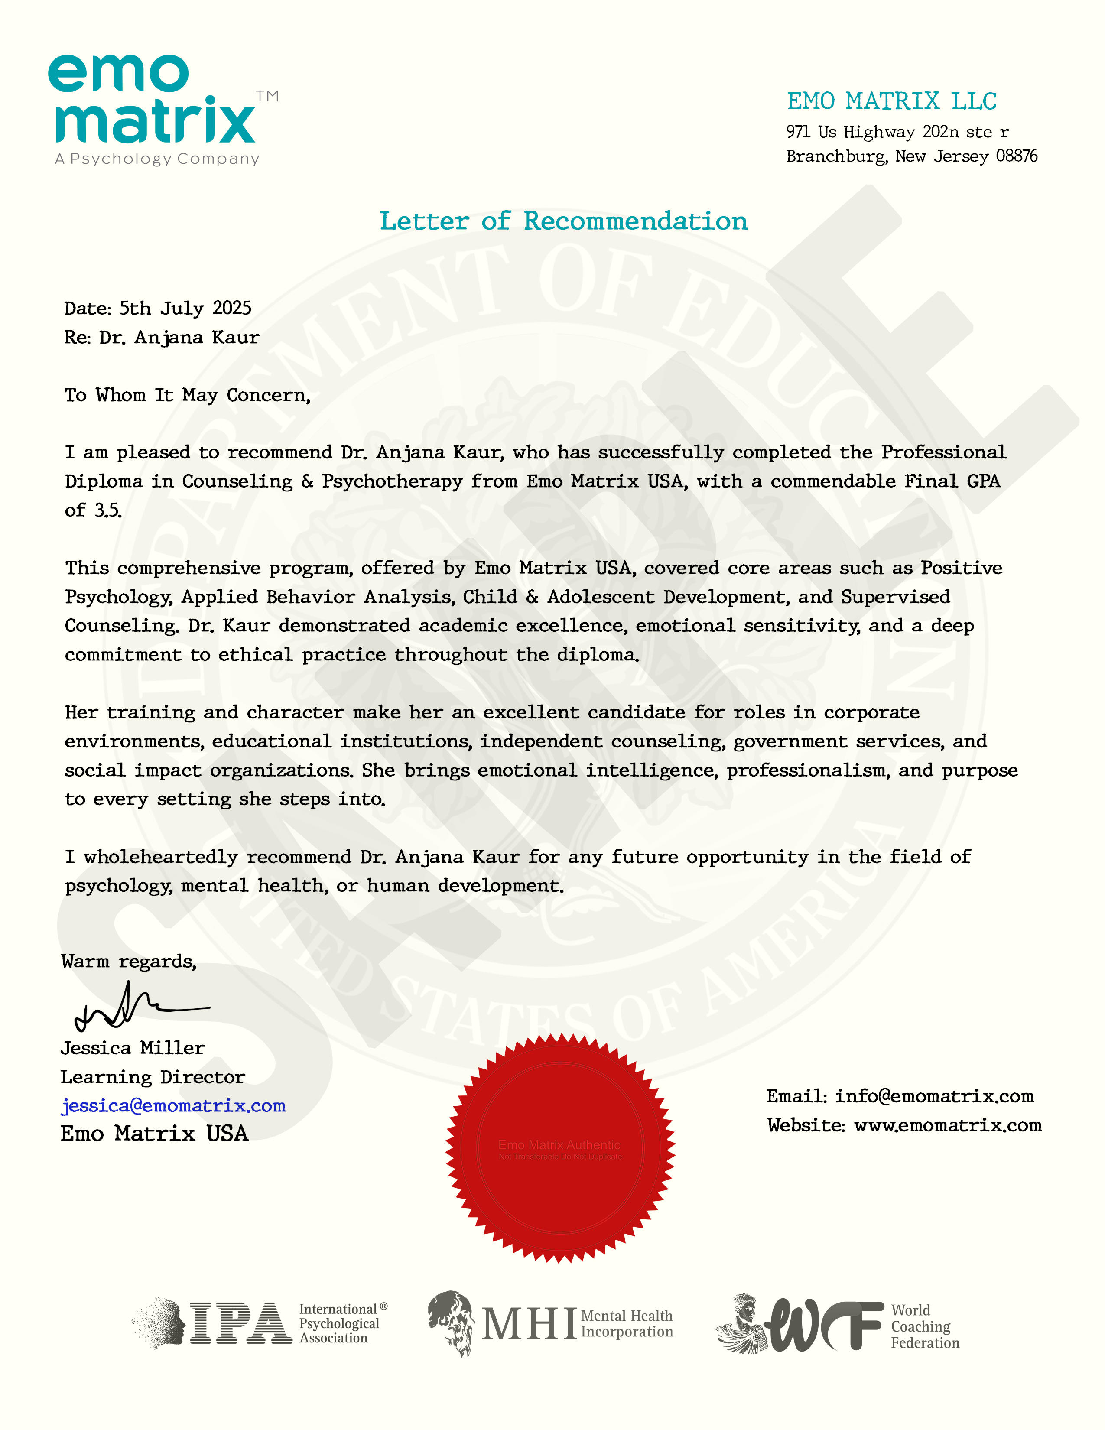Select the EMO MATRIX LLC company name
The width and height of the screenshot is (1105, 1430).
click(x=892, y=101)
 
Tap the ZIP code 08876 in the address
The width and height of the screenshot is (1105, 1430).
click(x=1017, y=156)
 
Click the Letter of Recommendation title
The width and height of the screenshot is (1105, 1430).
click(x=564, y=221)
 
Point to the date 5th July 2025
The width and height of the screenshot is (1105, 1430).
click(x=185, y=309)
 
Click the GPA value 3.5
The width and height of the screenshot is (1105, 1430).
click(x=108, y=511)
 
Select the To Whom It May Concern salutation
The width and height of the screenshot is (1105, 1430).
click(x=187, y=396)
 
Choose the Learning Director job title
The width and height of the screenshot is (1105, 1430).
click(x=153, y=1077)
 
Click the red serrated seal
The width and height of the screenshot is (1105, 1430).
click(x=560, y=1148)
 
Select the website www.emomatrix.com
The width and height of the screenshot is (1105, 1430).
click(x=947, y=1125)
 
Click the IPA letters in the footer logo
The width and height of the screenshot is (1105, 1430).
click(x=241, y=1323)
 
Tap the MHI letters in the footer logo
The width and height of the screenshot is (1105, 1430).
click(x=529, y=1324)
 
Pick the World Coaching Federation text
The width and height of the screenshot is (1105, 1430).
click(x=924, y=1326)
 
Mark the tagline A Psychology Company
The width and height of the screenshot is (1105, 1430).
click(x=157, y=159)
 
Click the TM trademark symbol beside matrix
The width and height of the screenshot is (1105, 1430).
click(x=267, y=96)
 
